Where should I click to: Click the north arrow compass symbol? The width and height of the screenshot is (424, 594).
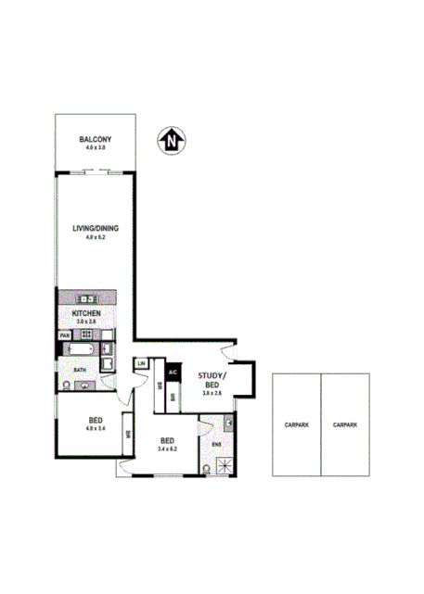coord(173,140)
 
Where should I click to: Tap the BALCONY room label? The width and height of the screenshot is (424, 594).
coord(96,139)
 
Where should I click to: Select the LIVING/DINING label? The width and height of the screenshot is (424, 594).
coord(96,228)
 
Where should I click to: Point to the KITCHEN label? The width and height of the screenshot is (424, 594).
coord(86,314)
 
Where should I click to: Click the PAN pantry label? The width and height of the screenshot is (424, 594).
coord(66,336)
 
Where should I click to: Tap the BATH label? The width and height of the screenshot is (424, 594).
coord(80,369)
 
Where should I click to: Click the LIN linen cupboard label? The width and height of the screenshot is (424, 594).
coord(141,364)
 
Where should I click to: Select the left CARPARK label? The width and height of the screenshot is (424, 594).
coord(296,424)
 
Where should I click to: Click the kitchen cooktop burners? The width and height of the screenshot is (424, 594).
coord(85,298)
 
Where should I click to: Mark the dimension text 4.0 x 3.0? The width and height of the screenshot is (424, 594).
coord(96,147)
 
